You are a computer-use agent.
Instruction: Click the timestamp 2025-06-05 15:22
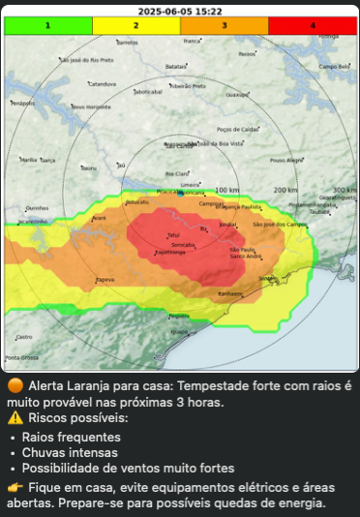coord(178,12)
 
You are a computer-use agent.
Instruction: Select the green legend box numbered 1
coord(47,26)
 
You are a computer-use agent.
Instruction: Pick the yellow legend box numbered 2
coord(135,26)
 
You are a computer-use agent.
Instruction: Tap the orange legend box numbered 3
coord(224,26)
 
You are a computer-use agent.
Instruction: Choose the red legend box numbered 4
coord(312,26)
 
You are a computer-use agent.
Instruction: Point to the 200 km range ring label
coord(285,190)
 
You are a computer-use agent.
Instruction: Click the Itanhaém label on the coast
coord(230,293)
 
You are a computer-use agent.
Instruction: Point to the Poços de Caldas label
coord(237,129)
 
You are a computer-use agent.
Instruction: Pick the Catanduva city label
coord(102,83)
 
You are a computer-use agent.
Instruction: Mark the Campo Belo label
coord(335,67)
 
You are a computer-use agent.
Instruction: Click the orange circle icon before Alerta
coord(15,385)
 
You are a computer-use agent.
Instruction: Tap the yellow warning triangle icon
coord(15,418)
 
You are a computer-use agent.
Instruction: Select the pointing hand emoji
coord(15,486)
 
